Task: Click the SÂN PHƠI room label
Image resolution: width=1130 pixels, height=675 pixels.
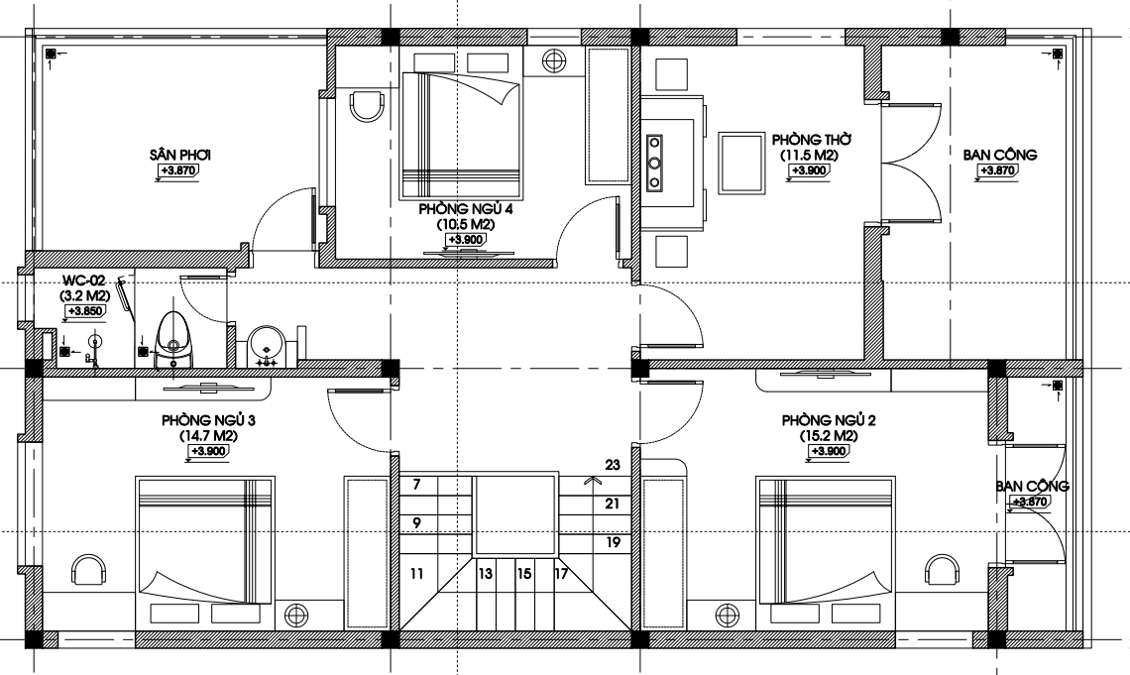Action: (x=180, y=155)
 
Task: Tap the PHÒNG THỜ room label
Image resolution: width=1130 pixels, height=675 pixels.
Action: (x=812, y=139)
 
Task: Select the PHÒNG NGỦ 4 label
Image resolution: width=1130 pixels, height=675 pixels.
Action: (x=466, y=209)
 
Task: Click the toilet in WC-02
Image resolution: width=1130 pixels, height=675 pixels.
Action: (x=172, y=340)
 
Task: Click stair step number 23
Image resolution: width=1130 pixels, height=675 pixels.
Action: (x=613, y=465)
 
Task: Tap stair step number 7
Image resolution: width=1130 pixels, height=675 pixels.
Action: (x=416, y=485)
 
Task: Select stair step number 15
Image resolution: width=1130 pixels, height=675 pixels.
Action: (x=524, y=574)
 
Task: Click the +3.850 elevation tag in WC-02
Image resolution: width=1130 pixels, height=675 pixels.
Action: (x=86, y=311)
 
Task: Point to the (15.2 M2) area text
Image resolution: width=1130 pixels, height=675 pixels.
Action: (x=828, y=436)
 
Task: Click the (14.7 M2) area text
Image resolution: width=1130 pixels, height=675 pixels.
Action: (x=208, y=436)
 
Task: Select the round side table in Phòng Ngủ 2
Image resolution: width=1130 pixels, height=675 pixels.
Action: (x=728, y=616)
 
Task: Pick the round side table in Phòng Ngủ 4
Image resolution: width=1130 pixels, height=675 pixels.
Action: (x=553, y=61)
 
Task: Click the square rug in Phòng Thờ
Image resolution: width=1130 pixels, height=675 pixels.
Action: (x=740, y=163)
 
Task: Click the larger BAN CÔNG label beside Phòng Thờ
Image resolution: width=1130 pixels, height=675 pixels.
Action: (x=1000, y=155)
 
